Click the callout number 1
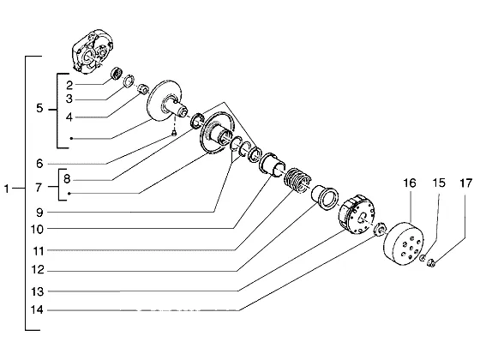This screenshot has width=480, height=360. click(7, 189)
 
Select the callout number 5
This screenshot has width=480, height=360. click(39, 108)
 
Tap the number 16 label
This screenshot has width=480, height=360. click(410, 183)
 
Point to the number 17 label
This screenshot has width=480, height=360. click(466, 183)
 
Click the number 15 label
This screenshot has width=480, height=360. click(438, 183)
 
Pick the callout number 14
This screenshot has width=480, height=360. click(37, 310)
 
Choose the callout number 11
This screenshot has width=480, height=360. click(39, 251)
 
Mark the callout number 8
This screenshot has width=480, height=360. click(67, 179)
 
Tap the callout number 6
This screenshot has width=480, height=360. click(39, 164)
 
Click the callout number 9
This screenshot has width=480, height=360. click(39, 213)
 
